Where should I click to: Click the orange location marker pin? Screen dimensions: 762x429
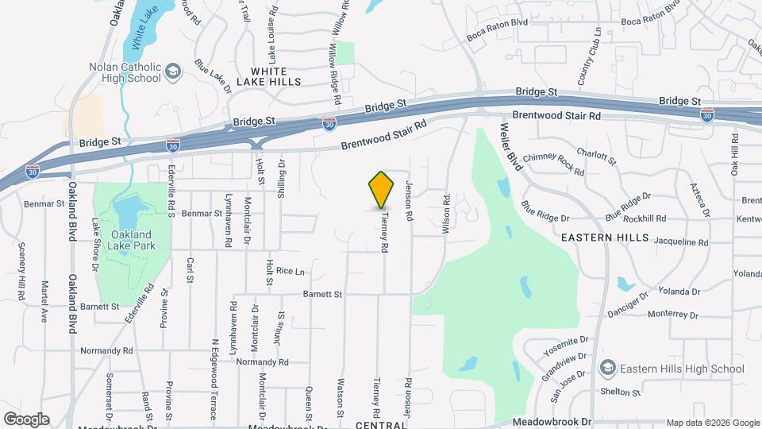coord(382,190)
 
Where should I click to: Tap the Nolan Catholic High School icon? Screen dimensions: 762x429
coord(171,74)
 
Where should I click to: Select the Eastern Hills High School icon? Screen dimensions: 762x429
coord(607,368)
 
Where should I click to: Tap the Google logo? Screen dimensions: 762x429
coord(26,419)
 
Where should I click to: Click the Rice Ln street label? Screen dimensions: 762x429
coord(290,272)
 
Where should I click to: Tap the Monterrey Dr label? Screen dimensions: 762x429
coord(673,315)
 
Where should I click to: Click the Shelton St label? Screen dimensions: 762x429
coord(621,392)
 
